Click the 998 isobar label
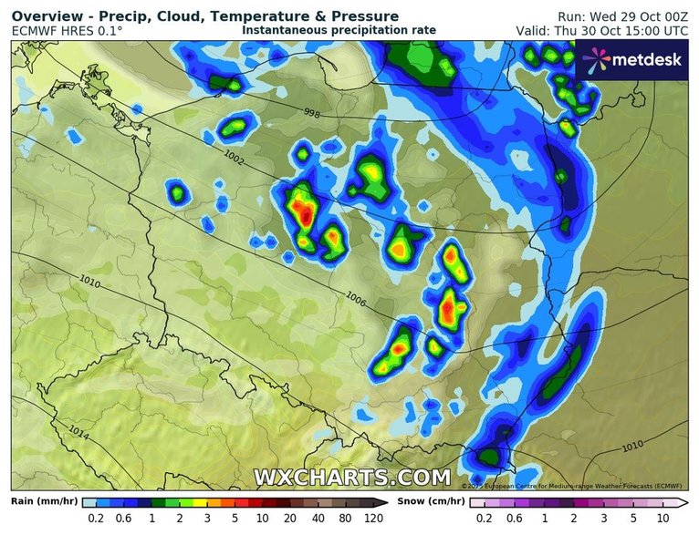pos(313,114)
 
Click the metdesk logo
pos(635,60)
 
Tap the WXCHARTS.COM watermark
pos(351,478)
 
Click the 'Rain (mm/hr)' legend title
pos(43,500)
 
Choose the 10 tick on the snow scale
pos(662,519)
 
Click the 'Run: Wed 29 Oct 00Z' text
pos(622,16)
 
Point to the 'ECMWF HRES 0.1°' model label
pos(68,31)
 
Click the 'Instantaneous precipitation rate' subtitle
pos(339,30)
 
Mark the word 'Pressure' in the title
pos(366,16)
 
